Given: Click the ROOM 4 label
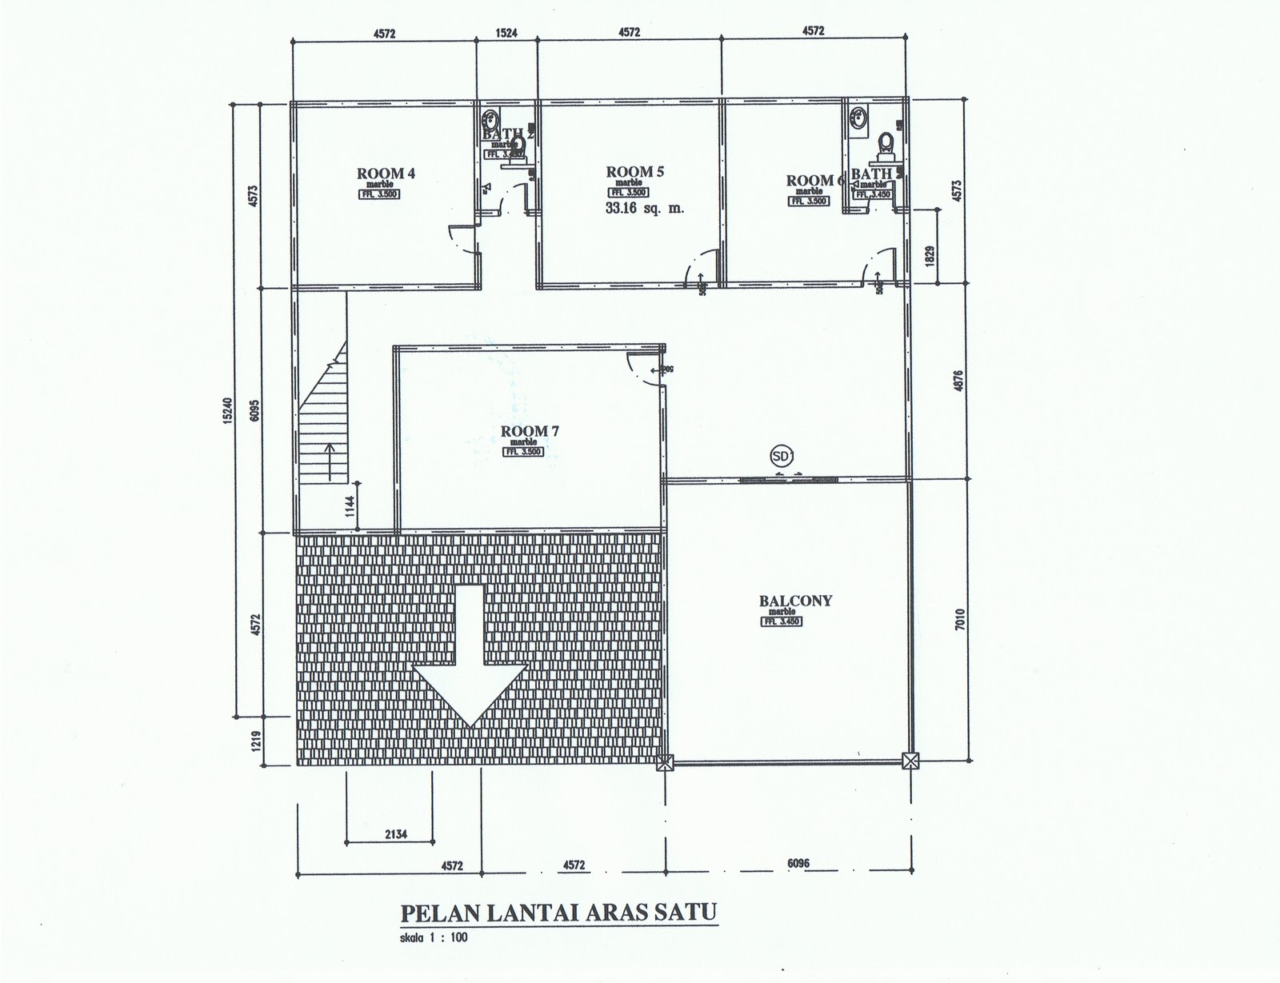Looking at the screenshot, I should tap(386, 173).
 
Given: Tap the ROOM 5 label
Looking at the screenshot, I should tap(635, 171).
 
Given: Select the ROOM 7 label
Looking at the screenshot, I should tap(530, 431).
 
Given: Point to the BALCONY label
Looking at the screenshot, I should tap(795, 601).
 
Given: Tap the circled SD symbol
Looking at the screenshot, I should tap(780, 456).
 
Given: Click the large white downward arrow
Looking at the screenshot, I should tap(470, 656).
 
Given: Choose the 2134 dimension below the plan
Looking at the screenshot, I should tap(395, 835).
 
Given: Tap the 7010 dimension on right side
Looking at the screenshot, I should tap(960, 619).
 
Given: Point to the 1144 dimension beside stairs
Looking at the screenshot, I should tap(349, 507).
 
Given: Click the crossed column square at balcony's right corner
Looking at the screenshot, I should tap(910, 761).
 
